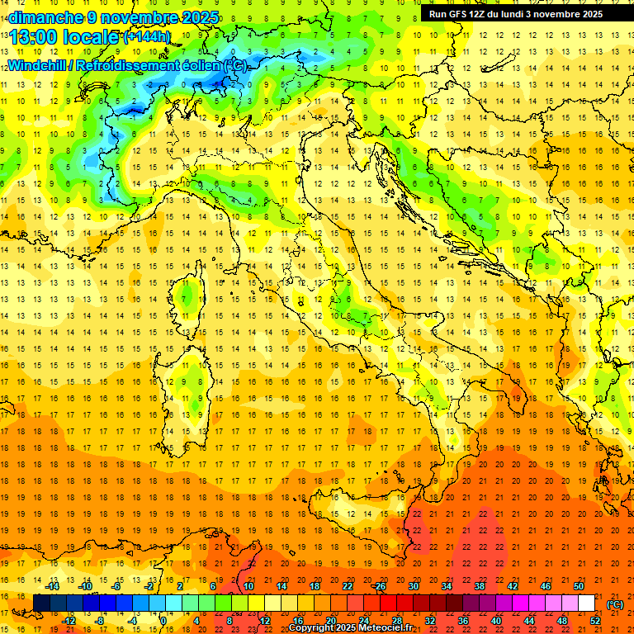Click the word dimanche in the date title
(x=41, y=17)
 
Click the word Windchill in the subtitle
(x=38, y=65)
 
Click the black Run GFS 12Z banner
(x=516, y=14)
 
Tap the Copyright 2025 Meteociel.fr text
(x=350, y=628)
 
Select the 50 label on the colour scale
(x=579, y=586)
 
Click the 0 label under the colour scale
(x=163, y=621)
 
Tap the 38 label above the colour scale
(x=480, y=586)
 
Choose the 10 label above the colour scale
(x=248, y=586)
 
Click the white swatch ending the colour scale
(x=587, y=603)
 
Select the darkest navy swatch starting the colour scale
(x=42, y=603)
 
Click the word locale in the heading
(x=92, y=37)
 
